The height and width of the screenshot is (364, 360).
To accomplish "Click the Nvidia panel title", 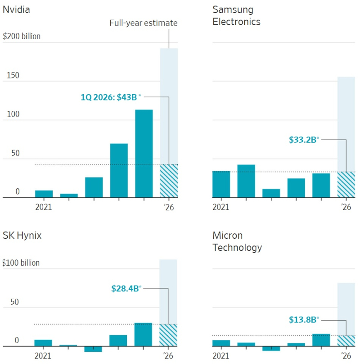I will click(16, 9).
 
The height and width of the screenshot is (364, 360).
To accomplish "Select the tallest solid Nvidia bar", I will click(144, 153).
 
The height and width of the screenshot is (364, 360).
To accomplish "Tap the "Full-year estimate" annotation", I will click(144, 23).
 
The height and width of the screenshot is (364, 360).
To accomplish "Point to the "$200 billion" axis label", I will click(22, 36).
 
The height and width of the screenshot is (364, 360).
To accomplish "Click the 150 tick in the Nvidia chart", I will click(13, 75).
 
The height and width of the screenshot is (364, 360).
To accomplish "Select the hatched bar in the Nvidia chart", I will click(169, 181).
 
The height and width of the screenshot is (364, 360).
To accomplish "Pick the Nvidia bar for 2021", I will click(44, 194).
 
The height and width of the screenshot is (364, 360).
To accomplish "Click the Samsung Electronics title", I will click(236, 16).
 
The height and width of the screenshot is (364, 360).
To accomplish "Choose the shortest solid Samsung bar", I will click(271, 193).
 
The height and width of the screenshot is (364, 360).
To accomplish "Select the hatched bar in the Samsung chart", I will click(346, 184).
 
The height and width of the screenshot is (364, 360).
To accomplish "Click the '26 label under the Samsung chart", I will click(346, 207).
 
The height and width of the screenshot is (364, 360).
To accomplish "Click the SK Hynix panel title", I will click(22, 235).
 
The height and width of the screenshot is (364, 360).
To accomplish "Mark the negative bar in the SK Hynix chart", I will click(93, 349).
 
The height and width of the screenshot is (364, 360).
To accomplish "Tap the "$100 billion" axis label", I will click(22, 263).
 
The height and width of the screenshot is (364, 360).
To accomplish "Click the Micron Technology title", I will click(237, 241).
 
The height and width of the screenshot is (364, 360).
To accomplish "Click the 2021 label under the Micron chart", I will click(220, 356).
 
